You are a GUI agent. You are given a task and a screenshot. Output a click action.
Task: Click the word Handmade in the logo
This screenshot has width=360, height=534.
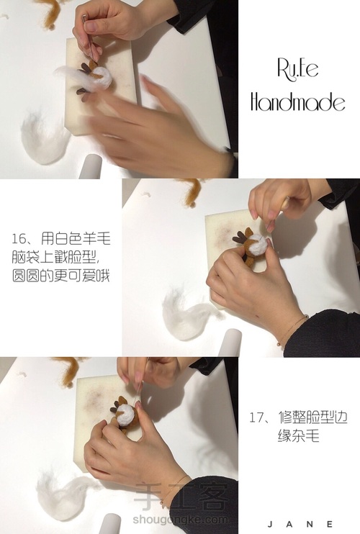[297, 102]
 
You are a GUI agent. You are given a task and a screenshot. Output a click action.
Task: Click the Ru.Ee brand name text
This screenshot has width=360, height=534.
[297, 68]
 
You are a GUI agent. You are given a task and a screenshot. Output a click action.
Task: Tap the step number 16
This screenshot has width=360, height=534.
[19, 239]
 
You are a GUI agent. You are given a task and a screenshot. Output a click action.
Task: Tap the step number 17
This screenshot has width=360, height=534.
[257, 417]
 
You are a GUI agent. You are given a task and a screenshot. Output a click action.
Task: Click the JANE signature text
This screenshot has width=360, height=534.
[300, 524]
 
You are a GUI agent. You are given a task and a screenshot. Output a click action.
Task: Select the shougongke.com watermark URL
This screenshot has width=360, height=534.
[180, 520]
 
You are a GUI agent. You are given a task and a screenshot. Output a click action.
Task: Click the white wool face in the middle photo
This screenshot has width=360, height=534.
[258, 245]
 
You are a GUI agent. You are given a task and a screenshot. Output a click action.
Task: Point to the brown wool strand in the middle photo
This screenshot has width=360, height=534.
[192, 192]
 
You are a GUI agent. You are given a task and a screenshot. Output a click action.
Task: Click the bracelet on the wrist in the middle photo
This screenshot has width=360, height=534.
[291, 330]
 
